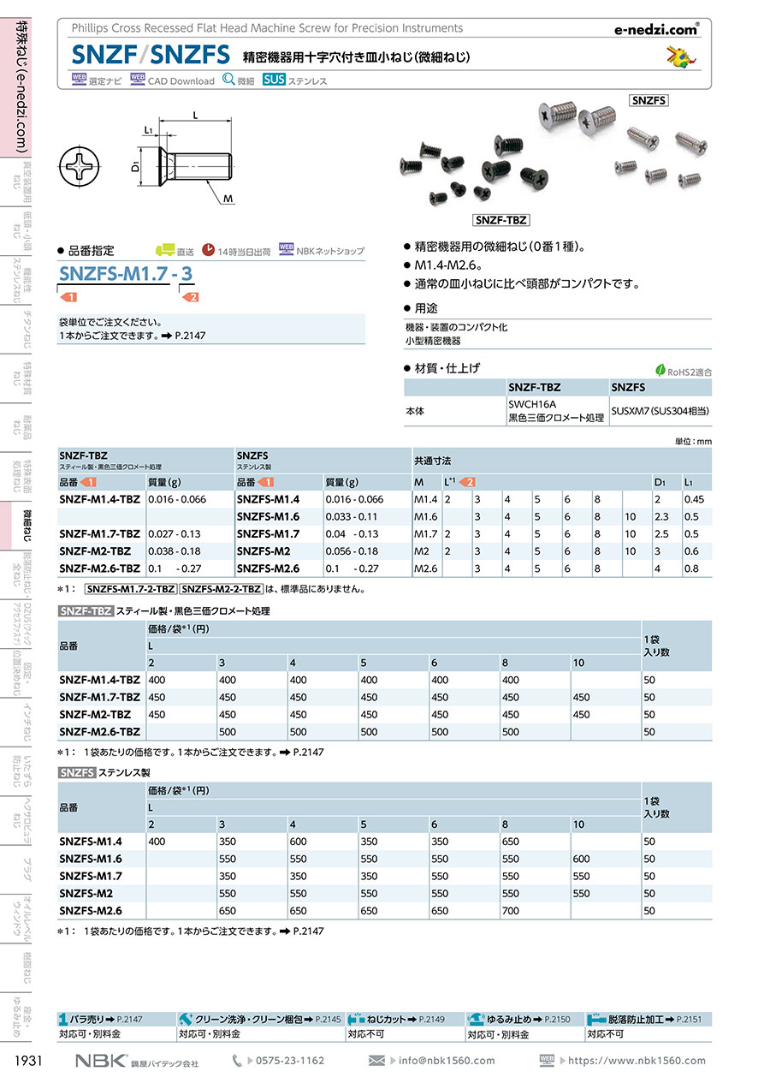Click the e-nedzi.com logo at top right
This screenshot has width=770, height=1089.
click(656, 29)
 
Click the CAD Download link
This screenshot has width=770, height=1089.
click(181, 81)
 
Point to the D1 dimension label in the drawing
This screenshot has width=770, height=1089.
click(135, 168)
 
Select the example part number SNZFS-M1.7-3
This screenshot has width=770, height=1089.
click(127, 274)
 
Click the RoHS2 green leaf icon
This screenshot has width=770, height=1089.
click(660, 371)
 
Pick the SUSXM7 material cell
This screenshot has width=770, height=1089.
click(660, 411)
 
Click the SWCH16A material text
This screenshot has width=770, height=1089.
click(532, 403)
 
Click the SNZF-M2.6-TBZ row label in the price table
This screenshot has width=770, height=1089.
click(100, 732)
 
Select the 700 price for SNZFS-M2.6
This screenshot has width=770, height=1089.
click(511, 911)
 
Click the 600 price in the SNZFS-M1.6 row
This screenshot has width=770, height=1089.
click(582, 859)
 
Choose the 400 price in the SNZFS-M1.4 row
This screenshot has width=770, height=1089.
click(157, 842)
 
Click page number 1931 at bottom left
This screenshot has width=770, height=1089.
click(30, 1061)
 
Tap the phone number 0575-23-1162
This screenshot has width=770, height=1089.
click(290, 1061)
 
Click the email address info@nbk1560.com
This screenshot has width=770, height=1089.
click(447, 1061)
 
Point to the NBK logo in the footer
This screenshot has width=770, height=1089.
click(100, 1060)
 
